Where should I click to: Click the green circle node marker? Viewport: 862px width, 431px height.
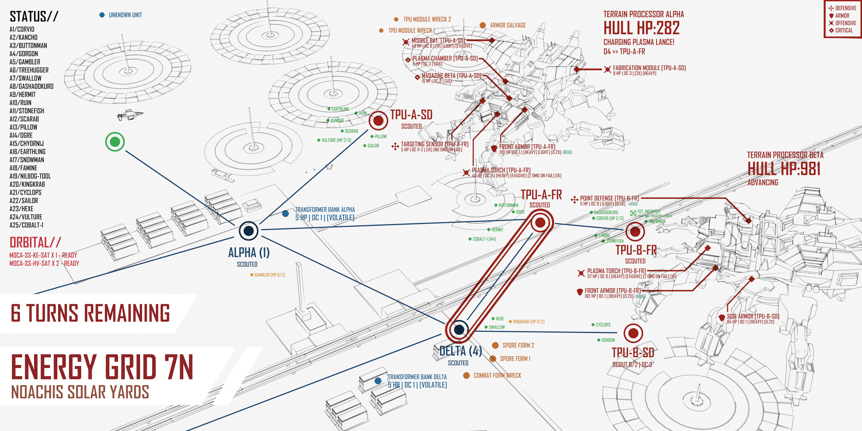click(115, 142)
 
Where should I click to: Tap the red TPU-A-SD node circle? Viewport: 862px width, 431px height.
click(378, 121)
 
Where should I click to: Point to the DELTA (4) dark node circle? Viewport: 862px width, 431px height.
click(459, 329)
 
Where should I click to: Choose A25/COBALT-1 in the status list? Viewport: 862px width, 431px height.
click(26, 225)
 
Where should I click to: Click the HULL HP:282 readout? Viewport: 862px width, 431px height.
click(641, 28)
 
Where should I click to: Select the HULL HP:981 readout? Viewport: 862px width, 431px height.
click(784, 169)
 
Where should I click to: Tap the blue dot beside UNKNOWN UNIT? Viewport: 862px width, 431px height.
click(102, 15)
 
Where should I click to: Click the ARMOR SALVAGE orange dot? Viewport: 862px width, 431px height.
click(482, 25)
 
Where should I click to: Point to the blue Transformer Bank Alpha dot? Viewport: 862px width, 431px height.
click(285, 214)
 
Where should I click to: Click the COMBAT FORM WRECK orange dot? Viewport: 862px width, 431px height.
click(466, 375)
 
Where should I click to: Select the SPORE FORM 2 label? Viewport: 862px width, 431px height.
click(518, 345)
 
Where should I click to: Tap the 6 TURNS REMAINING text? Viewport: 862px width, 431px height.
click(90, 313)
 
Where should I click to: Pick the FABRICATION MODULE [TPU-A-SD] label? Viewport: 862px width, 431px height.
click(649, 68)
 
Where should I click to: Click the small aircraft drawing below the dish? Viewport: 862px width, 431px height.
click(130, 115)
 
